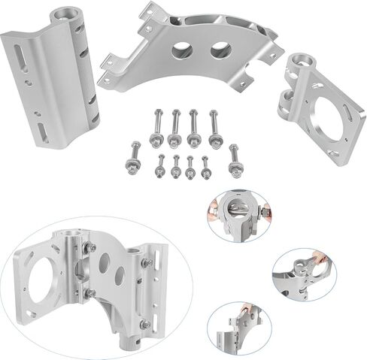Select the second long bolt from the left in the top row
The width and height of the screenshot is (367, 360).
pos(175,127)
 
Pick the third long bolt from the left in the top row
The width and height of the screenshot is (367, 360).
pos(195,127)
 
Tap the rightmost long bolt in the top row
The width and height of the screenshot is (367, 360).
pos(214,127)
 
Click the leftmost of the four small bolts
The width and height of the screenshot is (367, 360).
pos(160,166)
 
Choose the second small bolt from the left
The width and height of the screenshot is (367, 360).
pos(175,166)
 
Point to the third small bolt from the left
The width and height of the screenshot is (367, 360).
pos(190,166)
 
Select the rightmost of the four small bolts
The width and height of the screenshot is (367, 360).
pos(206,166)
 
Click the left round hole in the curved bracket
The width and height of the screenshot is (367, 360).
pos(182,52)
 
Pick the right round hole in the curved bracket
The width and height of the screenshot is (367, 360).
pos(220,51)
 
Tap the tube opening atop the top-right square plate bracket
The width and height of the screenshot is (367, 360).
pos(302,59)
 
